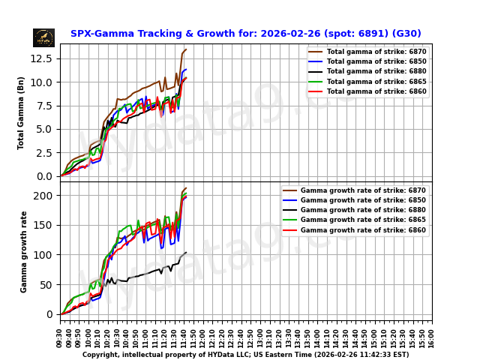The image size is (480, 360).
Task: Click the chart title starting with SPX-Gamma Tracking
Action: tap(245, 34)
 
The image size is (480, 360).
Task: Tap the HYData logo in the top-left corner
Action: tap(43, 37)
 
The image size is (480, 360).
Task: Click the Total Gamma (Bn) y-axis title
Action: tap(22, 112)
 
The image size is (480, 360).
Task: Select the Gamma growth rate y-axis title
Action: tap(24, 251)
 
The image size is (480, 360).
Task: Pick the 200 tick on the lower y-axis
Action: tap(45, 195)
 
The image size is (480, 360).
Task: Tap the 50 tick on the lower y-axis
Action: tap(47, 285)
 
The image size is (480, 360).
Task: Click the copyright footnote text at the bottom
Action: tap(245, 355)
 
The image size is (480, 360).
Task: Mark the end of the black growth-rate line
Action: tap(186, 253)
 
